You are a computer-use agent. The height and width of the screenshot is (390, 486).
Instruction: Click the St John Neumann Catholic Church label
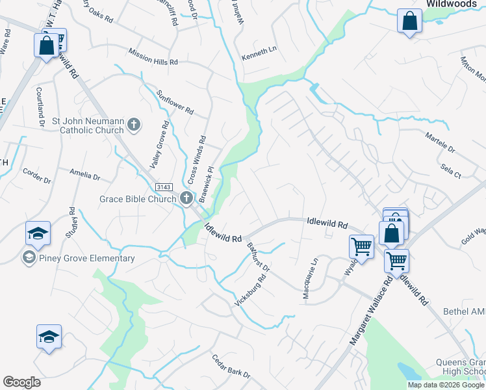[x=88, y=125]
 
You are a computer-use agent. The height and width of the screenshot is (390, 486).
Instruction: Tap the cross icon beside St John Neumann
[x=134, y=124]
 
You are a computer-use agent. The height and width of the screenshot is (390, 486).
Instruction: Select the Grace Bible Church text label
[x=138, y=199]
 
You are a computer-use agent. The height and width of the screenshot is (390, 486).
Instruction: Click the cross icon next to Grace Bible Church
[x=186, y=198]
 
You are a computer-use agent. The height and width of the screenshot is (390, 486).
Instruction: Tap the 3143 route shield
[x=163, y=187]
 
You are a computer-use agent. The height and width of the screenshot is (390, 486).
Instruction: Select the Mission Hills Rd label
[x=153, y=57]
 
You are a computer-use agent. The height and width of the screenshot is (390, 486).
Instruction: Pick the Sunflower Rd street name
[x=175, y=101]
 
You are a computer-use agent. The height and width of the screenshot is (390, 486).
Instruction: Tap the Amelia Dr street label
[x=85, y=175]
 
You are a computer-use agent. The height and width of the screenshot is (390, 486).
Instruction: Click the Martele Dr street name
[x=440, y=144]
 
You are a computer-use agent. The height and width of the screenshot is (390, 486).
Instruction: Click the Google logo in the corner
[x=21, y=382]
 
